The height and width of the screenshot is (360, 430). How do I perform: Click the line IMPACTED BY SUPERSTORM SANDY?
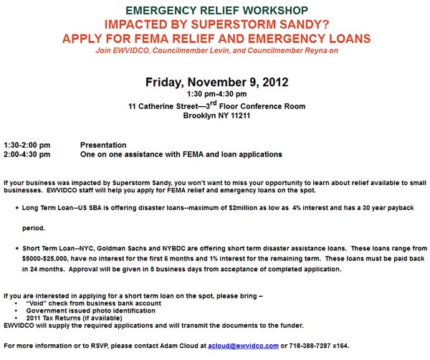click(x=215, y=24)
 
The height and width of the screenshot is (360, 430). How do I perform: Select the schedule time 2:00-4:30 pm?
click(x=27, y=154)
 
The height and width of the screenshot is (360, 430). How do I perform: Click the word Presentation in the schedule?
click(x=103, y=145)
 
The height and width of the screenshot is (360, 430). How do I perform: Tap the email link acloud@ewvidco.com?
click(x=244, y=346)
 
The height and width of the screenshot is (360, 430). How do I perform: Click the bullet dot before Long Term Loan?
click(x=16, y=207)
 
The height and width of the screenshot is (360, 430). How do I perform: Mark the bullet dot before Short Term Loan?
click(x=16, y=248)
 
